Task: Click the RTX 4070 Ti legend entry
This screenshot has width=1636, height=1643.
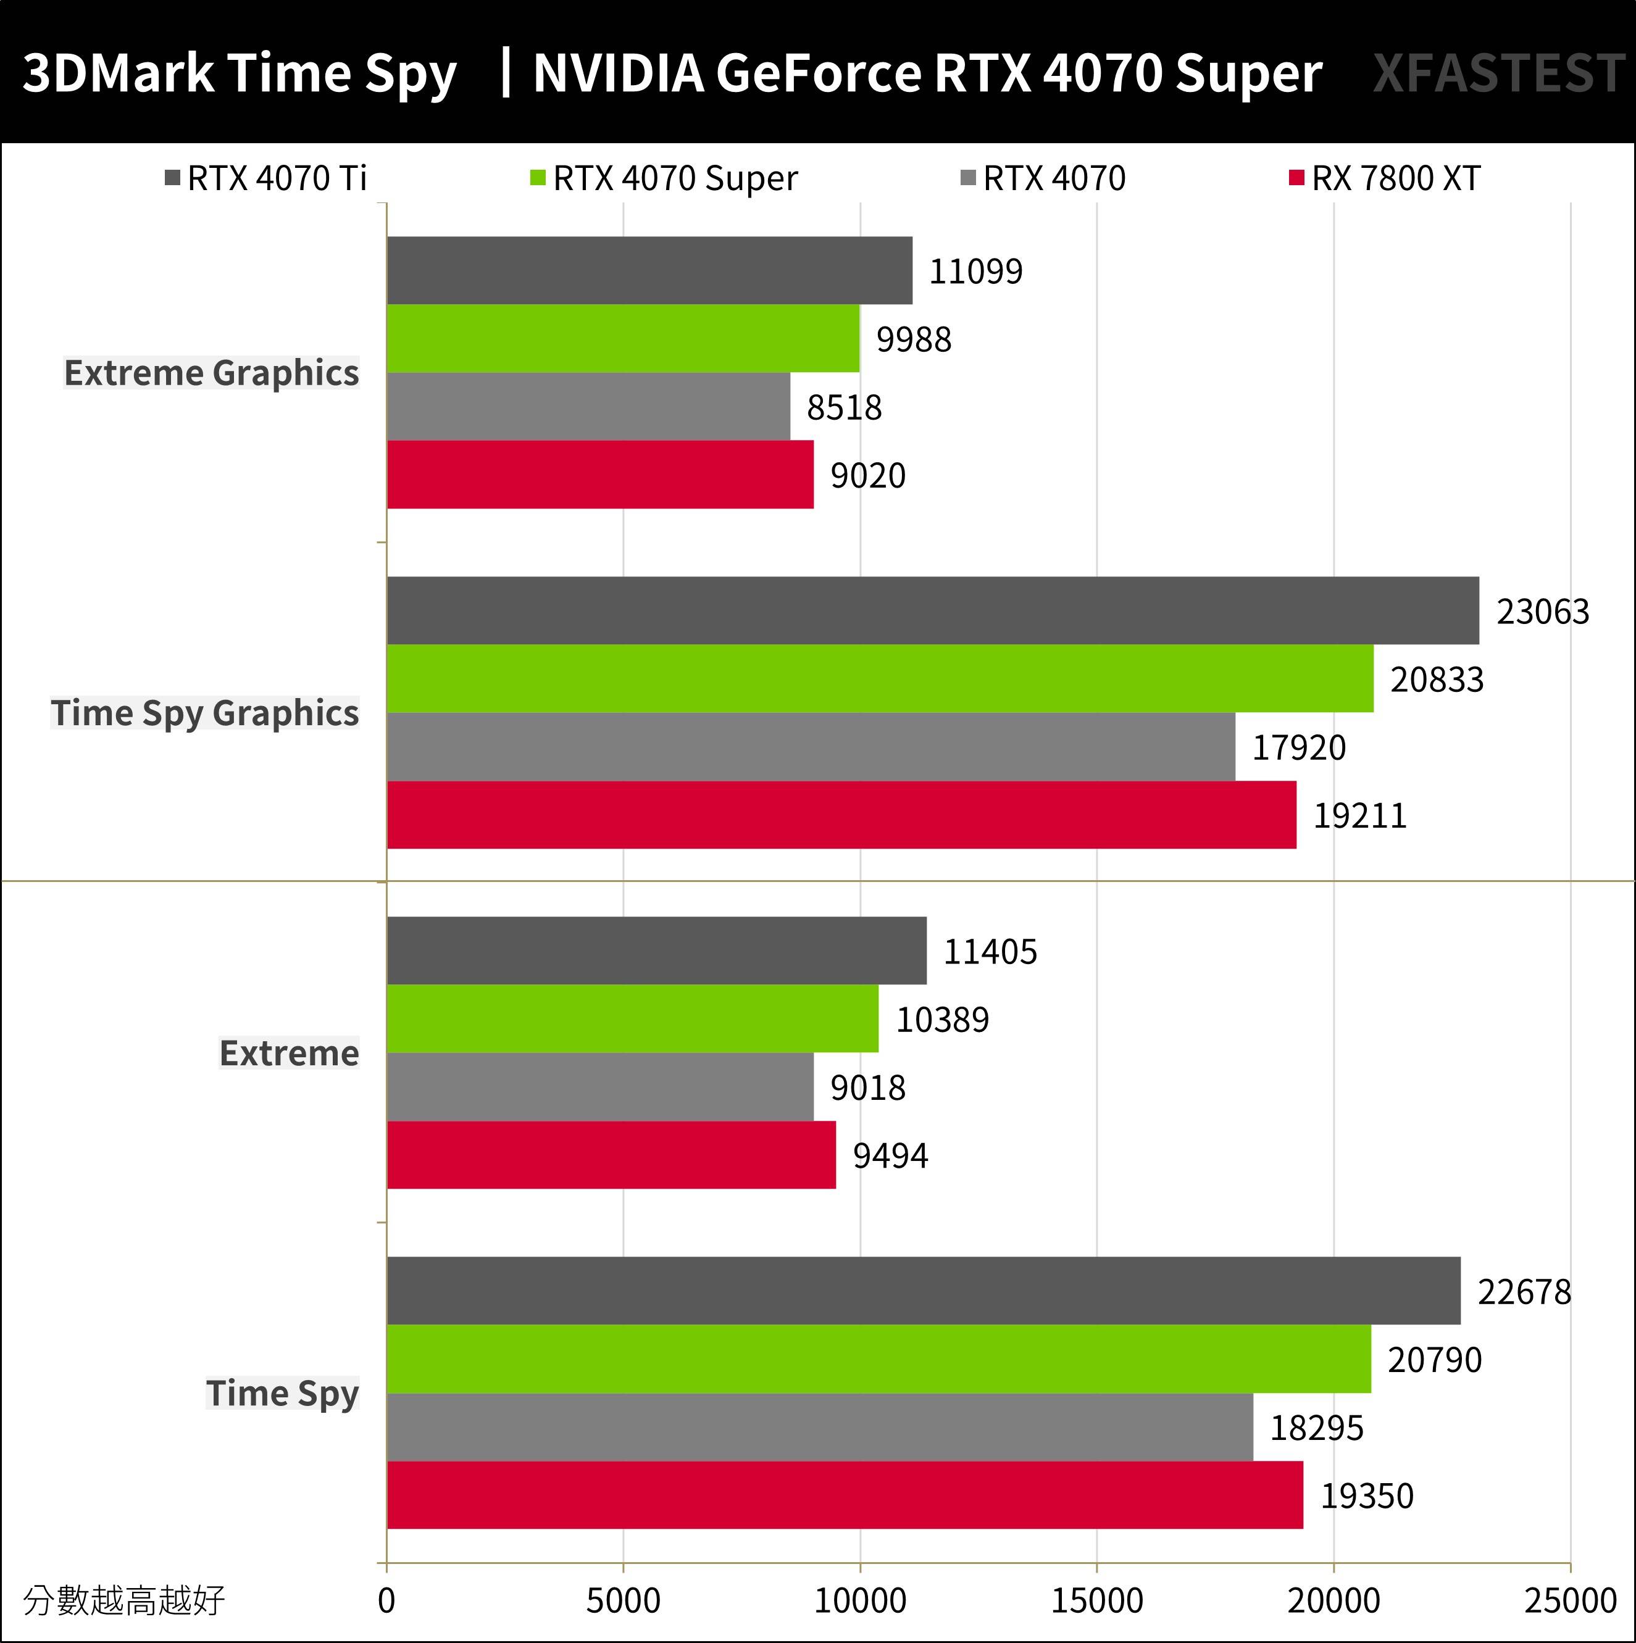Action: coord(266,178)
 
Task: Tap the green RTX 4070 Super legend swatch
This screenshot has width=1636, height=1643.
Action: coord(537,178)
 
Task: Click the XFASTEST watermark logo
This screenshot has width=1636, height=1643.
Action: coord(1498,73)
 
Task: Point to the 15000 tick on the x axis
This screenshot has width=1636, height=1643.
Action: coord(1096,1600)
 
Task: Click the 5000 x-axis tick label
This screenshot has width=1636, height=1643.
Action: coord(623,1600)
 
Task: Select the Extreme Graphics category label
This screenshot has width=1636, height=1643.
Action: coord(211,372)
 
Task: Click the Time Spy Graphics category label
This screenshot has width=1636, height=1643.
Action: coord(204,713)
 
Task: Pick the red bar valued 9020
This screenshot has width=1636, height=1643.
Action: coord(600,475)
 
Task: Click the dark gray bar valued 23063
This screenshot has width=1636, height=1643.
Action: coord(932,610)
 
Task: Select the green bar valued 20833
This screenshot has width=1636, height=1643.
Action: coord(880,679)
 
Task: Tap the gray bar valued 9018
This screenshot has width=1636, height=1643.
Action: coord(600,1087)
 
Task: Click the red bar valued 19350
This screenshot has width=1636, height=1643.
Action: coord(845,1495)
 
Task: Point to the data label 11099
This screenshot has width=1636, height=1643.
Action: coord(975,272)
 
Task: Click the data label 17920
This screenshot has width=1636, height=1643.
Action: coord(1298,747)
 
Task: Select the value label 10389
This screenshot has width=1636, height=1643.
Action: coord(942,1020)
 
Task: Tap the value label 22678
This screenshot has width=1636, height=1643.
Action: coord(1524,1292)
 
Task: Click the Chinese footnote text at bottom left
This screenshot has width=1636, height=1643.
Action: coord(124,1600)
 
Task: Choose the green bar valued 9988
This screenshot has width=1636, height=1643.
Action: coord(623,338)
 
